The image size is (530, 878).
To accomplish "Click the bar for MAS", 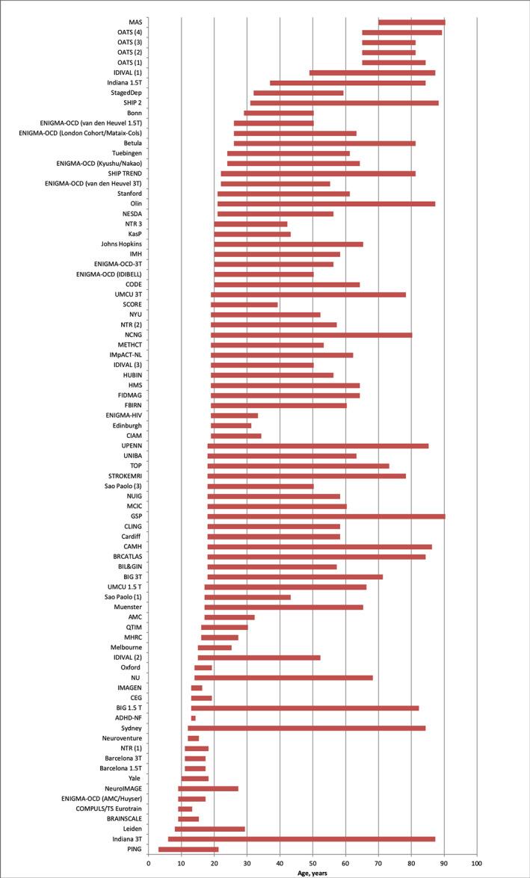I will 411,22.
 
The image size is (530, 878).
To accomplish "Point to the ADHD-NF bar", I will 193,718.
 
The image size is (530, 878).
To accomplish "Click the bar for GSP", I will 326,516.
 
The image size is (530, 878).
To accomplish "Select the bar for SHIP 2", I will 344,103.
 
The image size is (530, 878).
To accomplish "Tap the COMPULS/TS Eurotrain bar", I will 185,809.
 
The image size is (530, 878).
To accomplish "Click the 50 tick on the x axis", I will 312,864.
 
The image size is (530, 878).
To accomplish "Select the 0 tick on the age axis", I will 149,864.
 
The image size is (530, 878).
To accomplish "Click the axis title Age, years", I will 312,873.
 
